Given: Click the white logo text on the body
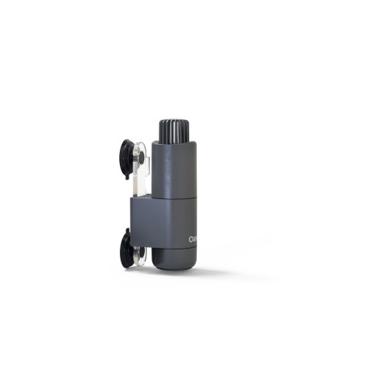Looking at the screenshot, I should (193, 240).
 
